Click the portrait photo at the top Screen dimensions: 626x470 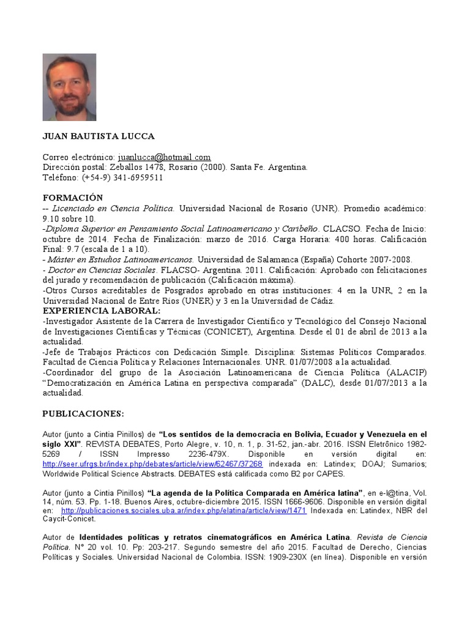pyautogui.click(x=69, y=87)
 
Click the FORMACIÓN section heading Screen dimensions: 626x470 pyautogui.click(x=73, y=198)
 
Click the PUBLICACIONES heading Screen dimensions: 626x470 pyautogui.click(x=83, y=413)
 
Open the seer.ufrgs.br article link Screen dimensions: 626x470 pyautogui.click(x=152, y=464)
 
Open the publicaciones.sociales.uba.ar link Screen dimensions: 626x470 pyautogui.click(x=184, y=510)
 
